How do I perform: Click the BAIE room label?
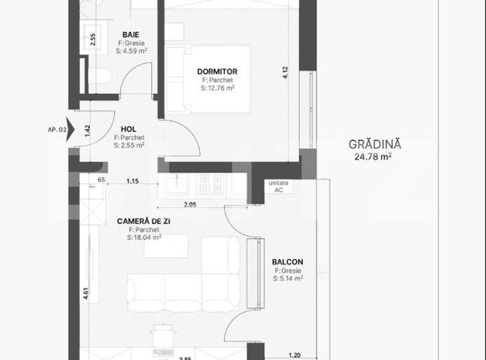(130, 34)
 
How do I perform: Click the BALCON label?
(287, 262)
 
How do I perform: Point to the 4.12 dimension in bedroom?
(285, 73)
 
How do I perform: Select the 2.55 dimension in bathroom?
(92, 39)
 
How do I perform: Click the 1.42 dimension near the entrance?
(87, 130)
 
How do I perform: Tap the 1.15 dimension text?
(133, 181)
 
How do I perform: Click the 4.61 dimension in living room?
(87, 295)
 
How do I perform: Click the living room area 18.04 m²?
(144, 237)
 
